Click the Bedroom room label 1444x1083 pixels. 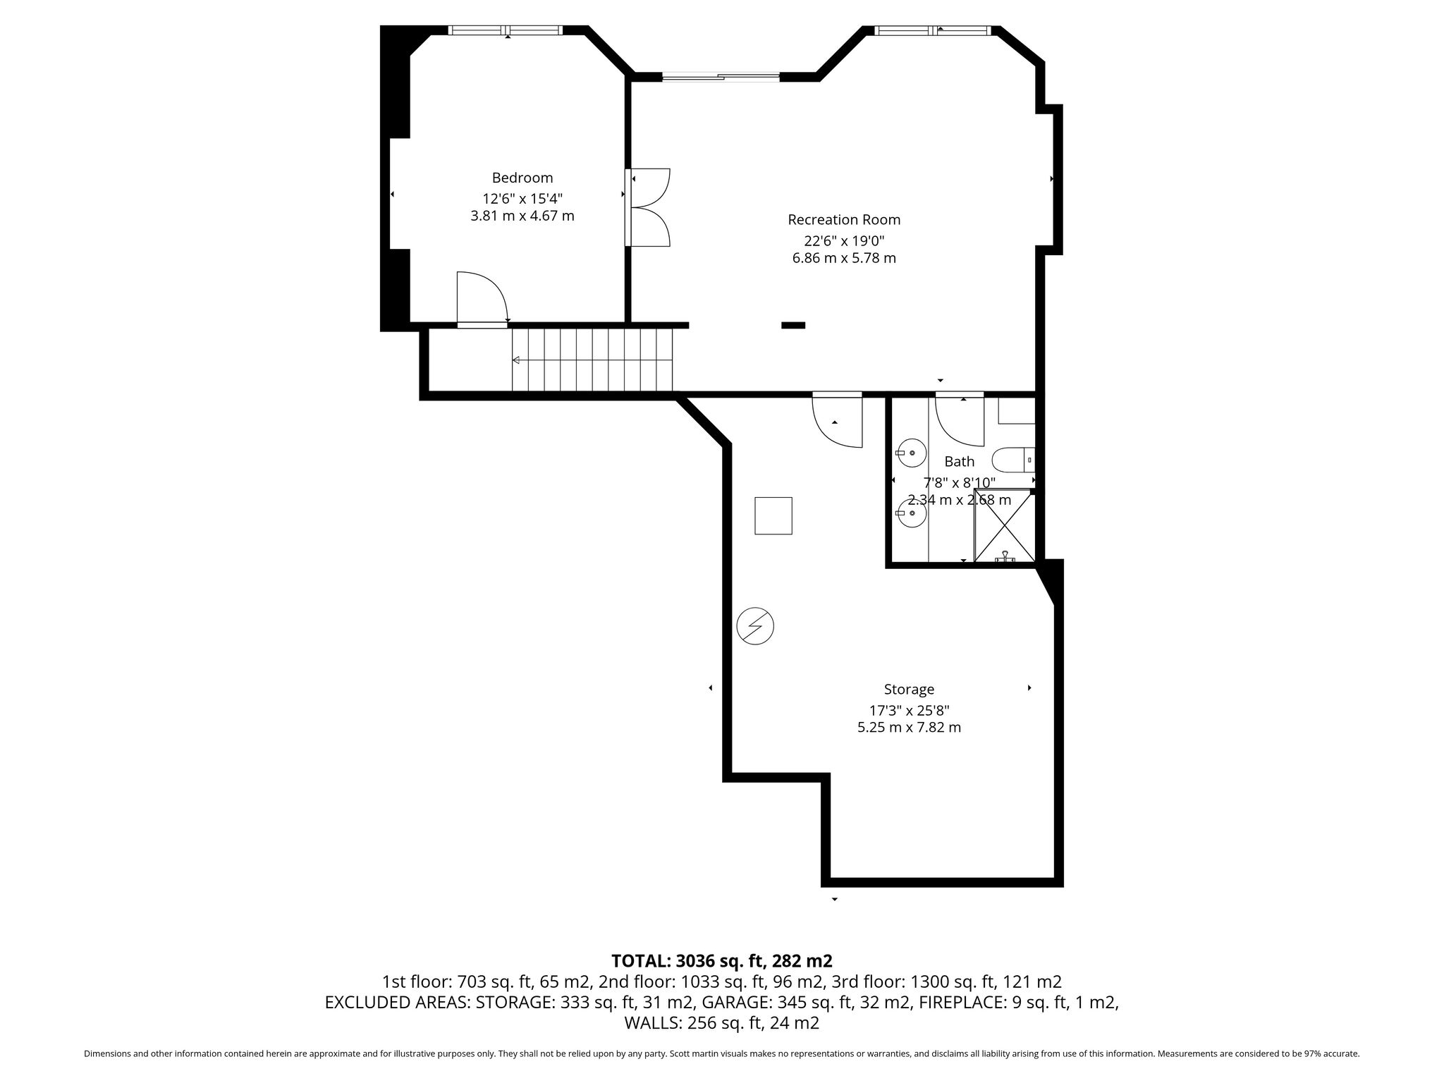pos(522,178)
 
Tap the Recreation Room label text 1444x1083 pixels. pos(844,220)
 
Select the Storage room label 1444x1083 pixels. pos(909,690)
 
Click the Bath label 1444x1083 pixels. pos(959,462)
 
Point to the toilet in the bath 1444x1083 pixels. pos(1013,460)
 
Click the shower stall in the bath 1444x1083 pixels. pos(1004,525)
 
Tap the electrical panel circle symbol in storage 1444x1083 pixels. pos(755,626)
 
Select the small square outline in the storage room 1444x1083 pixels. pos(773,516)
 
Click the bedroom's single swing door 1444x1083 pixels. pos(482,299)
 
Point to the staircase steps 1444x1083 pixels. pos(592,360)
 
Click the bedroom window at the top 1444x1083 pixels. pos(506,30)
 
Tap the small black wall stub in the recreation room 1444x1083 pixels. pos(793,325)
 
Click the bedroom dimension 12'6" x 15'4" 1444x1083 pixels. pos(522,199)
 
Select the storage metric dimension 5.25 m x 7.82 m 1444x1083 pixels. pos(909,727)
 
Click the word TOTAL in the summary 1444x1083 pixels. pos(641,960)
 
